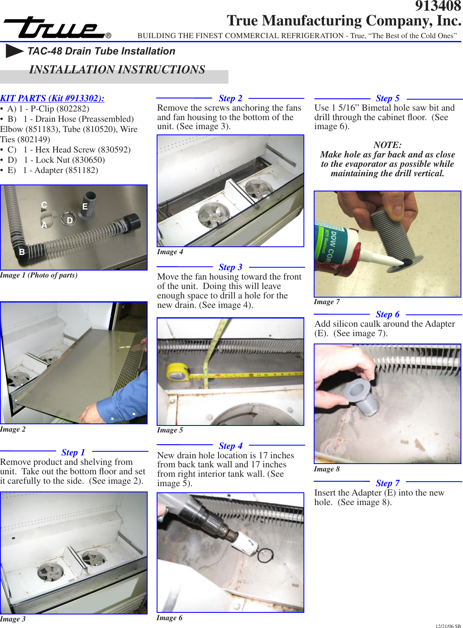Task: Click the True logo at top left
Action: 55,28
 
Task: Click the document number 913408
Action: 438,6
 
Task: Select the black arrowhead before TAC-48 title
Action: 14,51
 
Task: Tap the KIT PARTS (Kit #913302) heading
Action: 52,98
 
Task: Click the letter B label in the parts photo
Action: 22,252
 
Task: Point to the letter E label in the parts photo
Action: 85,207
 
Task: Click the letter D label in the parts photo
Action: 70,221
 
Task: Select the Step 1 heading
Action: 73,452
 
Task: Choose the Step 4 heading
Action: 230,446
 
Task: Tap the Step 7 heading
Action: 388,483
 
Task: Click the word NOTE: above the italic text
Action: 388,145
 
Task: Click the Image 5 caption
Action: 170,430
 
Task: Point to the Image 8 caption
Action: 327,469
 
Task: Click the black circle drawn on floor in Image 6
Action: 265,555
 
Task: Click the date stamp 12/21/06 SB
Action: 448,626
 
